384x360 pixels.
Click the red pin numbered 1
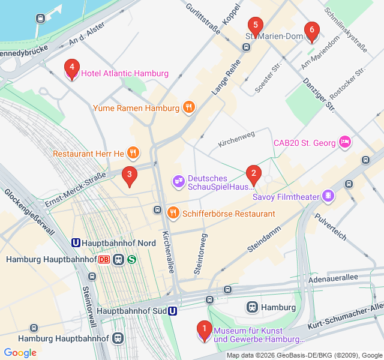tap(204, 329)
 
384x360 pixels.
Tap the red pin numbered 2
tap(253, 174)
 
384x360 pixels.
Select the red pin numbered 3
tap(129, 175)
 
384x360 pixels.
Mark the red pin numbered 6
tap(311, 31)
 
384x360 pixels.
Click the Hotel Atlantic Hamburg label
tap(125, 74)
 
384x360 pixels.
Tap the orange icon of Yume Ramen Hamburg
tap(189, 108)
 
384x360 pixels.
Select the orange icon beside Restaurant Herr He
tap(133, 154)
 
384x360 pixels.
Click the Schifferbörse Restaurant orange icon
tap(173, 213)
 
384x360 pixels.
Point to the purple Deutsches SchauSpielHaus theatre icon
tap(178, 180)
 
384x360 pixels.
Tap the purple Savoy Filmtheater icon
tap(328, 196)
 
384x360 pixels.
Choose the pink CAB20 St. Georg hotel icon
tap(345, 142)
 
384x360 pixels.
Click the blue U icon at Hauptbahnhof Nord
tap(76, 243)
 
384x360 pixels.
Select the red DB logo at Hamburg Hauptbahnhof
tap(104, 260)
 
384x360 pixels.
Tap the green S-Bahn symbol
tap(131, 260)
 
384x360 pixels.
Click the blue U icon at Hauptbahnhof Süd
tap(172, 311)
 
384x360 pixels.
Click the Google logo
tap(20, 353)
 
